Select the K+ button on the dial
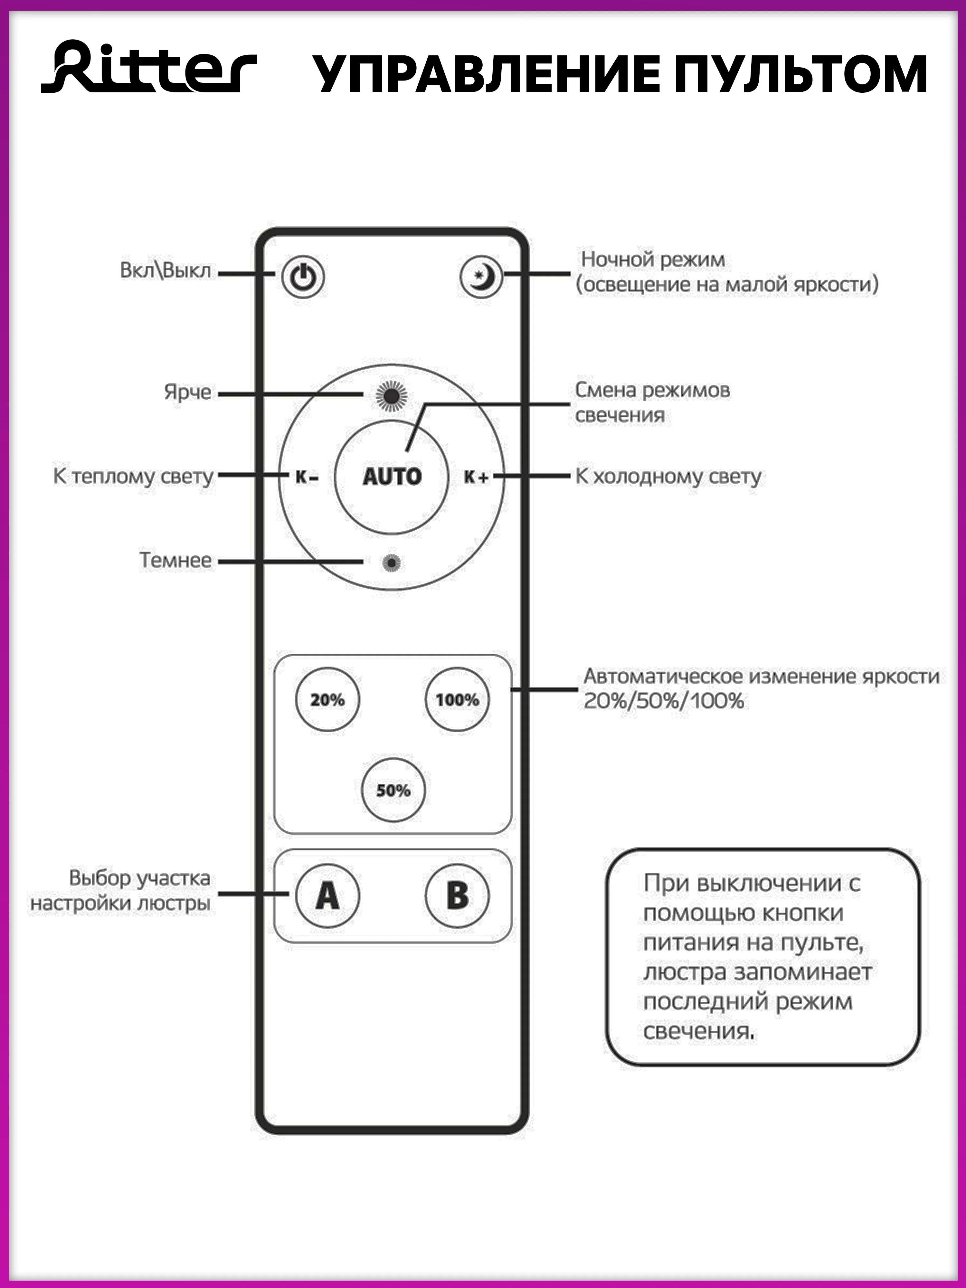[476, 477]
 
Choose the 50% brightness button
[393, 790]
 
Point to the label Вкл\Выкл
[166, 271]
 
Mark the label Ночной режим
[653, 260]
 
